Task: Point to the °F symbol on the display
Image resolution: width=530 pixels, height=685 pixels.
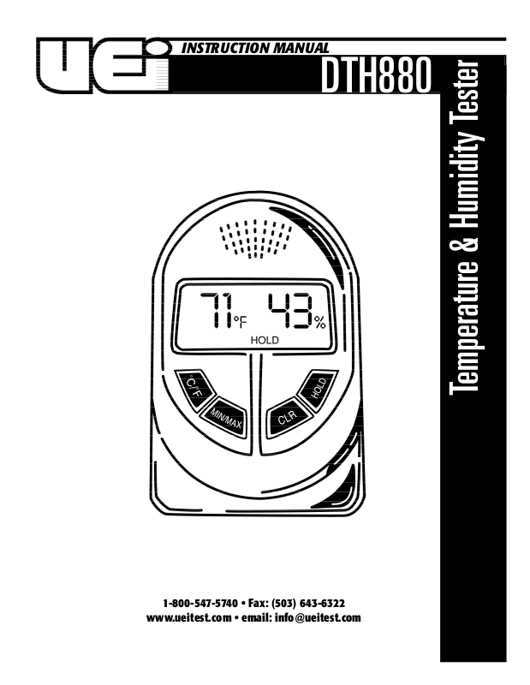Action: [x=239, y=323]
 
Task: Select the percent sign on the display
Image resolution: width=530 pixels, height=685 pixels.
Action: [x=319, y=323]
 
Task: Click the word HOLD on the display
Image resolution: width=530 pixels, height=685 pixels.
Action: [x=265, y=340]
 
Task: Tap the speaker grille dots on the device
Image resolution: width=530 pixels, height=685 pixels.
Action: [x=256, y=237]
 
